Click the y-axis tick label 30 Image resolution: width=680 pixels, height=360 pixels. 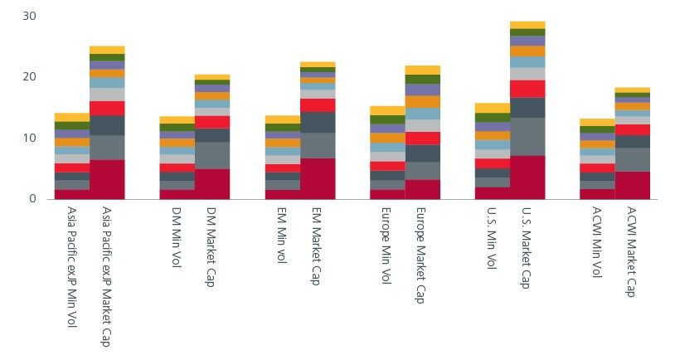click(x=30, y=17)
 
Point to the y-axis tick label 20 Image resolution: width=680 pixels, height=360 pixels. click(x=30, y=77)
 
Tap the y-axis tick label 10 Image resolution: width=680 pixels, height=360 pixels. click(x=30, y=138)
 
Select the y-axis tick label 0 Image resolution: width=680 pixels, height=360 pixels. click(x=33, y=199)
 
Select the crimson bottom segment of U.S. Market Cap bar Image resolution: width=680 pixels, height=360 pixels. click(x=527, y=177)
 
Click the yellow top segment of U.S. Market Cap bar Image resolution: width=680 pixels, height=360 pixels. click(x=527, y=25)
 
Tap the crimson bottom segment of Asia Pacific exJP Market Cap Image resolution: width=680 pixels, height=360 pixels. click(x=106, y=179)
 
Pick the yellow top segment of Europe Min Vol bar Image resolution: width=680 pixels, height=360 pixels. click(x=387, y=110)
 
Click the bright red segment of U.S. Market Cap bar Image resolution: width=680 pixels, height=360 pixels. click(x=527, y=89)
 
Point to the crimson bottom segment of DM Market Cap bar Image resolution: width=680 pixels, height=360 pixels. click(x=211, y=183)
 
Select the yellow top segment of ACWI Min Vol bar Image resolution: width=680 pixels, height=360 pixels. click(x=597, y=122)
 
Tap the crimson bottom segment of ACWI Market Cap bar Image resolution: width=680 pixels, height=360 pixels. click(x=632, y=185)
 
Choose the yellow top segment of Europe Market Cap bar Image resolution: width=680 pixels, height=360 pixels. click(x=422, y=70)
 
